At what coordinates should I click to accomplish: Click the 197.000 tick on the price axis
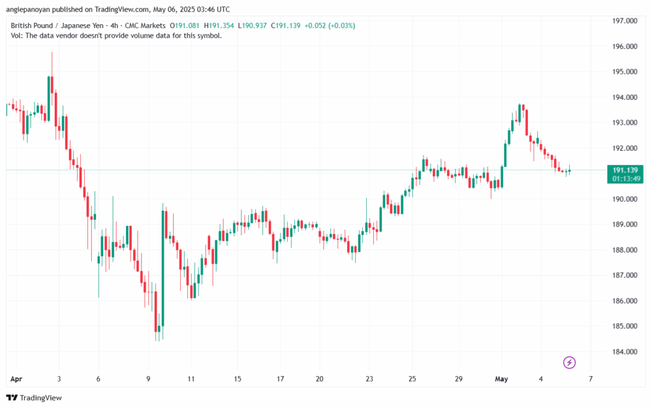coord(624,21)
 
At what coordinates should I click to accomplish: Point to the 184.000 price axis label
coord(624,352)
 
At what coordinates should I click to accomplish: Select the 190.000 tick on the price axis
coord(624,199)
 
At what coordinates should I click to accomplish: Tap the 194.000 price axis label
coord(624,97)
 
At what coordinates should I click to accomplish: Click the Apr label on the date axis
coord(16,379)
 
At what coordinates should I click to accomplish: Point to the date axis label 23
coord(369,379)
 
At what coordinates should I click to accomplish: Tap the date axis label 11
coord(192,379)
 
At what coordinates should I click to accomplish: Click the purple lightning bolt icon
coord(570,363)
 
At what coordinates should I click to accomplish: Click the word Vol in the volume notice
coord(17,36)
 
